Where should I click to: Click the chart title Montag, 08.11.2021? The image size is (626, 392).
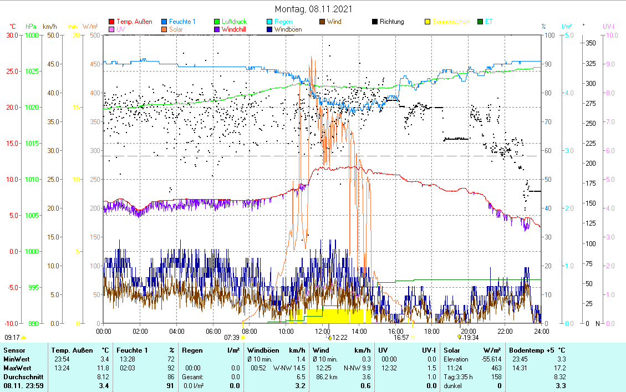point(313,9)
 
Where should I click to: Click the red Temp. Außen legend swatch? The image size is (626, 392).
point(111,22)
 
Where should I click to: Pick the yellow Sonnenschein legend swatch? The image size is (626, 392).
point(427,22)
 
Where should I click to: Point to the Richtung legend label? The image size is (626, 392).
point(391,22)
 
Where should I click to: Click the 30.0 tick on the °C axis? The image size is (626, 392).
point(11,35)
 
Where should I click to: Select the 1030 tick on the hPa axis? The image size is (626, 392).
point(31,35)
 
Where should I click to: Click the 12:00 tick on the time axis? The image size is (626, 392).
point(322,331)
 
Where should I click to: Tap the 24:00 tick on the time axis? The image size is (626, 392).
point(541,331)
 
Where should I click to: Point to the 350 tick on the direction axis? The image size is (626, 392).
point(591,43)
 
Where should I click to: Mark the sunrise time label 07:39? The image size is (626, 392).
point(231,337)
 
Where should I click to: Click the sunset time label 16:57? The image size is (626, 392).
point(401,337)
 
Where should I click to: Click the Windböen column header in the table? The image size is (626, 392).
point(263,350)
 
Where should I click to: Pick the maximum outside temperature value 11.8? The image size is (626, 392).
point(104,368)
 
